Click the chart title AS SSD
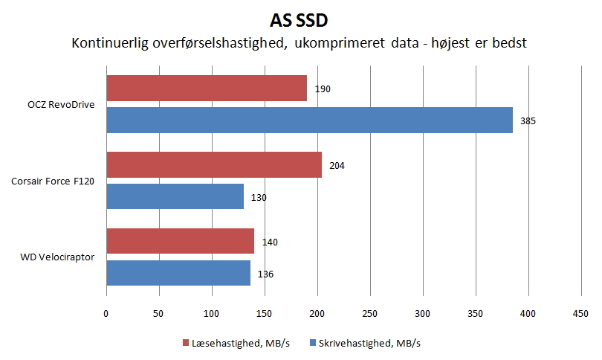click(x=299, y=21)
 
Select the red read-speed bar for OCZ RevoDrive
click(x=207, y=88)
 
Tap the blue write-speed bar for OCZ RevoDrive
click(x=309, y=120)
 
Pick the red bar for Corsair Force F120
click(x=214, y=165)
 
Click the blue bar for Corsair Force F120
click(x=175, y=196)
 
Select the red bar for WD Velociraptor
click(x=181, y=241)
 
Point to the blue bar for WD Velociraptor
click(x=178, y=273)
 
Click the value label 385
click(x=528, y=121)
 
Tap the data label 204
click(x=337, y=166)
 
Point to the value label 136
click(x=265, y=274)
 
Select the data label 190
click(x=323, y=89)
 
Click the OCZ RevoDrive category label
click(x=61, y=104)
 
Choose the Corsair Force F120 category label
click(x=53, y=181)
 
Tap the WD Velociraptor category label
click(x=57, y=257)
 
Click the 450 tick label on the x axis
click(x=580, y=314)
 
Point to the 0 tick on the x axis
click(x=106, y=314)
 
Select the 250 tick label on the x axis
click(x=369, y=314)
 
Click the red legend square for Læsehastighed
click(x=186, y=343)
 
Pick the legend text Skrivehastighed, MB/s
click(x=369, y=343)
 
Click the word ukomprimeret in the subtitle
click(x=340, y=43)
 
